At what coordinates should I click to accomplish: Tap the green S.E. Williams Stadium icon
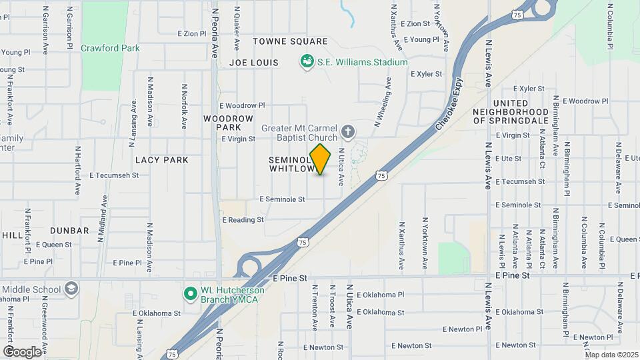click(307, 62)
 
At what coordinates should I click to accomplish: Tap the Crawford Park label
click(111, 48)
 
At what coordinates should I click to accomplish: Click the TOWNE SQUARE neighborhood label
click(290, 41)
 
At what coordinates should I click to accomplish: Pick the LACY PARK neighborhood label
click(162, 160)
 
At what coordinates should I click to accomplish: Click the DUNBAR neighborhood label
click(69, 231)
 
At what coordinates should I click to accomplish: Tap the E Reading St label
click(243, 219)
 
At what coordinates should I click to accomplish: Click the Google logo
click(23, 351)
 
